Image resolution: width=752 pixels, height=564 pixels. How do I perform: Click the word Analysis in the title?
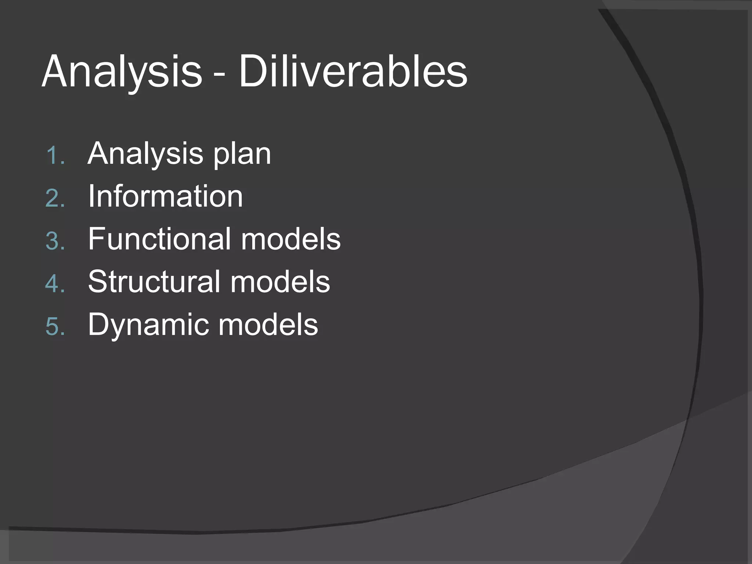pyautogui.click(x=122, y=72)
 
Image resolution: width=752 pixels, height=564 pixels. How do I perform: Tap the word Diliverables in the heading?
pyautogui.click(x=353, y=72)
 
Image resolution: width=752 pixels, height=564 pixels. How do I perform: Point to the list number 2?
pyautogui.click(x=55, y=198)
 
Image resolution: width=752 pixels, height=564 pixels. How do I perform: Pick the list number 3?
pyautogui.click(x=55, y=241)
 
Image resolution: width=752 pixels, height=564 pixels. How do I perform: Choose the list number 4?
pyautogui.click(x=55, y=284)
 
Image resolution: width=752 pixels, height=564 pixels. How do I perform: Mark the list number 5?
pyautogui.click(x=55, y=326)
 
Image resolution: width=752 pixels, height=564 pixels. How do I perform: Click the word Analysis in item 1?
pyautogui.click(x=145, y=154)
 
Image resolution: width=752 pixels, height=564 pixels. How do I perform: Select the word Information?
pyautogui.click(x=165, y=196)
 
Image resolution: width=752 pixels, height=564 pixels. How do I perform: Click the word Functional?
pyautogui.click(x=159, y=239)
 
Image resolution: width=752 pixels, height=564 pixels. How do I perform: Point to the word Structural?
pyautogui.click(x=154, y=282)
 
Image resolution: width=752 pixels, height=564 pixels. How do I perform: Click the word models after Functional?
pyautogui.click(x=291, y=239)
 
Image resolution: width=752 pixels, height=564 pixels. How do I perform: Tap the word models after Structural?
pyautogui.click(x=280, y=282)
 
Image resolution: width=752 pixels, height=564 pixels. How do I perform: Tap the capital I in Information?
pyautogui.click(x=91, y=196)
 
